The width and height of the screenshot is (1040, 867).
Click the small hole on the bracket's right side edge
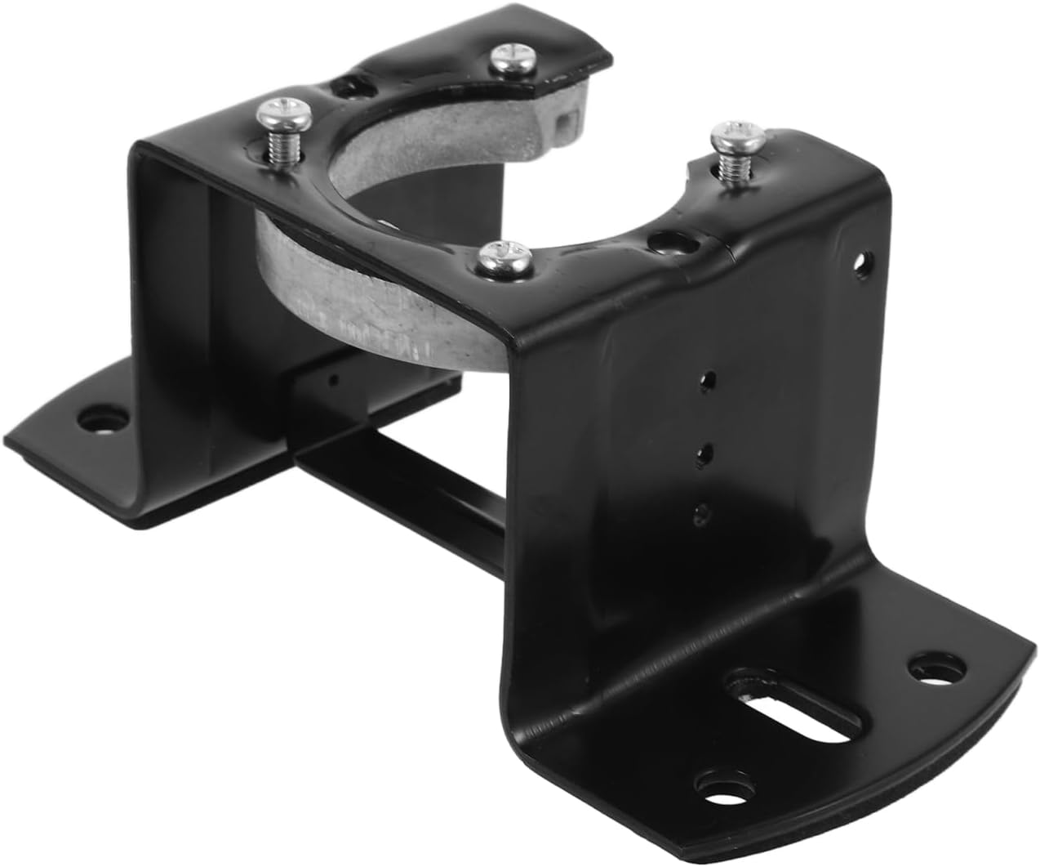coord(858,263)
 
